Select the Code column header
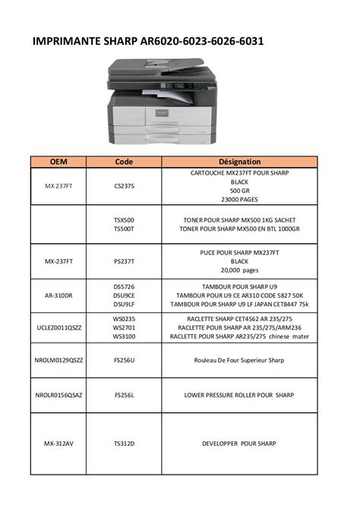pyautogui.click(x=124, y=162)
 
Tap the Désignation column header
pyautogui.click(x=239, y=162)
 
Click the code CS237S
pyautogui.click(x=124, y=186)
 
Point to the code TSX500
pyautogui.click(x=124, y=219)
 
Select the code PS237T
pyautogui.click(x=124, y=260)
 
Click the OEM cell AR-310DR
pyautogui.click(x=58, y=295)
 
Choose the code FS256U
pyautogui.click(x=124, y=360)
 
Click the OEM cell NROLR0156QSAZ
pyautogui.click(x=58, y=395)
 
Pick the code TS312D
pyautogui.click(x=124, y=443)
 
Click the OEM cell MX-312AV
pyautogui.click(x=58, y=443)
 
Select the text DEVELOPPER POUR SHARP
pyautogui.click(x=239, y=443)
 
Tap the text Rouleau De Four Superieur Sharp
pyautogui.click(x=239, y=360)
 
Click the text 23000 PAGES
pyautogui.click(x=239, y=199)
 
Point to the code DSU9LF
pyautogui.click(x=124, y=304)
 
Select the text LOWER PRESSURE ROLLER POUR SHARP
pyautogui.click(x=239, y=395)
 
